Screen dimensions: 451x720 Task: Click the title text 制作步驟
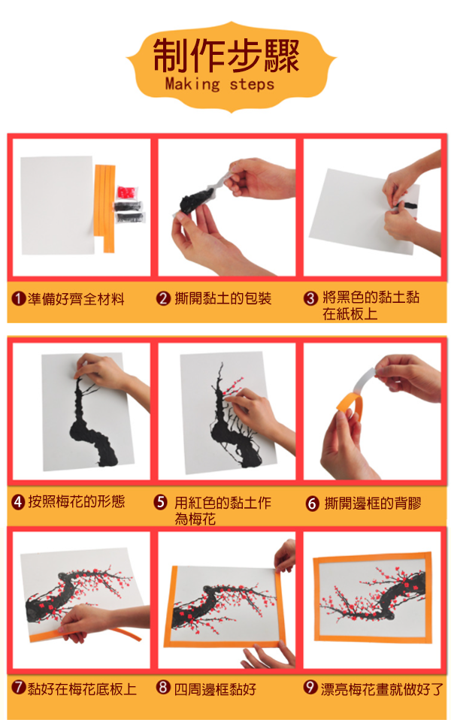226,56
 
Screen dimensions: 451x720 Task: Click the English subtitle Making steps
219,84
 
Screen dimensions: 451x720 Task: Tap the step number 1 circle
18,299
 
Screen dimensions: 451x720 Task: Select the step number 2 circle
164,299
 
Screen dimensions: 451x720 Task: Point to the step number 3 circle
310,298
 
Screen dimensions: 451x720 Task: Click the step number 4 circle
18,501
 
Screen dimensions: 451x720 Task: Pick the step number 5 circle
160,502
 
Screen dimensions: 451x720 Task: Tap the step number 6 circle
312,504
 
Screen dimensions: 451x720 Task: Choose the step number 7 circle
18,688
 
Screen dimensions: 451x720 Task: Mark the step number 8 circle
163,688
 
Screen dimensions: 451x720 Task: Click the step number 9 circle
311,688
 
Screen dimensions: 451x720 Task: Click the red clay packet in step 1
127,192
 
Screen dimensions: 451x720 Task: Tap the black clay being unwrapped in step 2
195,200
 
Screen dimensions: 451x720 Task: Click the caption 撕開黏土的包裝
223,299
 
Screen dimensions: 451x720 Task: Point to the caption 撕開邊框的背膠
373,504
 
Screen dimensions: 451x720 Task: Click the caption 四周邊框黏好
215,688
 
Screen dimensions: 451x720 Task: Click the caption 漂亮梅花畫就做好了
382,688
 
